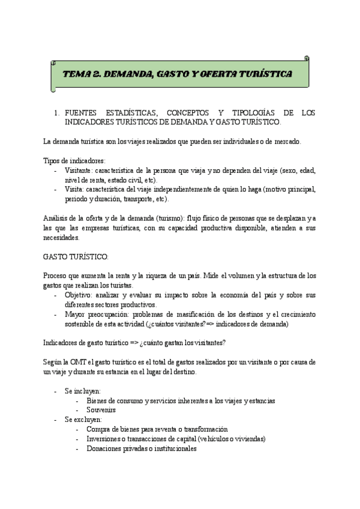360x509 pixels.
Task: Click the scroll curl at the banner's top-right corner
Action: coord(307,59)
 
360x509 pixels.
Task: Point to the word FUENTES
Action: coord(82,113)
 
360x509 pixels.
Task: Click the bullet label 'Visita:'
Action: coord(75,190)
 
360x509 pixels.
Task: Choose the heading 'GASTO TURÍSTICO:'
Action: coord(76,256)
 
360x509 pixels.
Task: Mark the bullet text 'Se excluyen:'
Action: coord(83,420)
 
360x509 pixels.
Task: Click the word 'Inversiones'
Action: coord(105,439)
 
